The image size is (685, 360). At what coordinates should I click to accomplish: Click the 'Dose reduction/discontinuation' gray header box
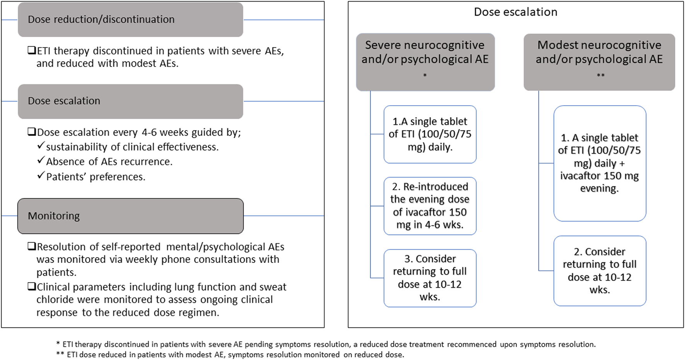(130, 20)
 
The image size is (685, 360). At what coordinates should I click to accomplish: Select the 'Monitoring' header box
(130, 216)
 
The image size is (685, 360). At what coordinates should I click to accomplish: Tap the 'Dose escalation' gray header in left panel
(130, 101)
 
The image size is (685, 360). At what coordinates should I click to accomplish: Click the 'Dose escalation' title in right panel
(515, 12)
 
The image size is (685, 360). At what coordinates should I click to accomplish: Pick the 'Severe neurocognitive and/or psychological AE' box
(425, 62)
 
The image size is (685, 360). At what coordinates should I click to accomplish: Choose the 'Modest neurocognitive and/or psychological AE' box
(599, 62)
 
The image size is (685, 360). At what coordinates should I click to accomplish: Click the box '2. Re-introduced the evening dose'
(429, 206)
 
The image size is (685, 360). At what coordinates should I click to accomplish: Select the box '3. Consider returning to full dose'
(429, 278)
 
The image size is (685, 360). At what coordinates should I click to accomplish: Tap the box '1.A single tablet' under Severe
(429, 134)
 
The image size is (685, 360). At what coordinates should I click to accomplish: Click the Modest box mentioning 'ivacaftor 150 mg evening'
(599, 163)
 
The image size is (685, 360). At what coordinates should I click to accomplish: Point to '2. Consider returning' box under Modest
(599, 271)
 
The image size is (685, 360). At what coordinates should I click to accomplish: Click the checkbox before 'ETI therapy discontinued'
(32, 50)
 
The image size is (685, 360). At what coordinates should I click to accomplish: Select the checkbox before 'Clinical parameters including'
(32, 287)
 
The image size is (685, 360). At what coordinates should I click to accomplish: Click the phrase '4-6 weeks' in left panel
(168, 132)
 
